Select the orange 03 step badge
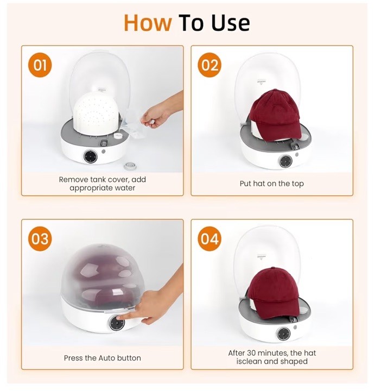click(40, 239)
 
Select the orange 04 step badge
click(210, 239)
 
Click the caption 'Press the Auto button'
click(102, 358)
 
